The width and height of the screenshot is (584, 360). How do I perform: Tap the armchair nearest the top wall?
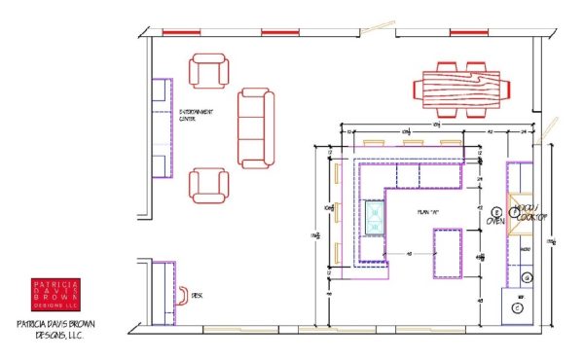pyautogui.click(x=211, y=72)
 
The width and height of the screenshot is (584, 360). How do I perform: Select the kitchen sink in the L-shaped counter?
pyautogui.click(x=374, y=219)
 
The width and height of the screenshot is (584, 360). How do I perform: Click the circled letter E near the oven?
pyautogui.click(x=495, y=211)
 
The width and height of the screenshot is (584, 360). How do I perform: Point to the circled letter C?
pyautogui.click(x=518, y=307)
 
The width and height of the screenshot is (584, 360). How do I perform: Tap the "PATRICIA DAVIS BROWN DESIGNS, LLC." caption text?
pyautogui.click(x=55, y=332)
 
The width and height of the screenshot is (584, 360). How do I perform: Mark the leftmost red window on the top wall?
pyautogui.click(x=180, y=33)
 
